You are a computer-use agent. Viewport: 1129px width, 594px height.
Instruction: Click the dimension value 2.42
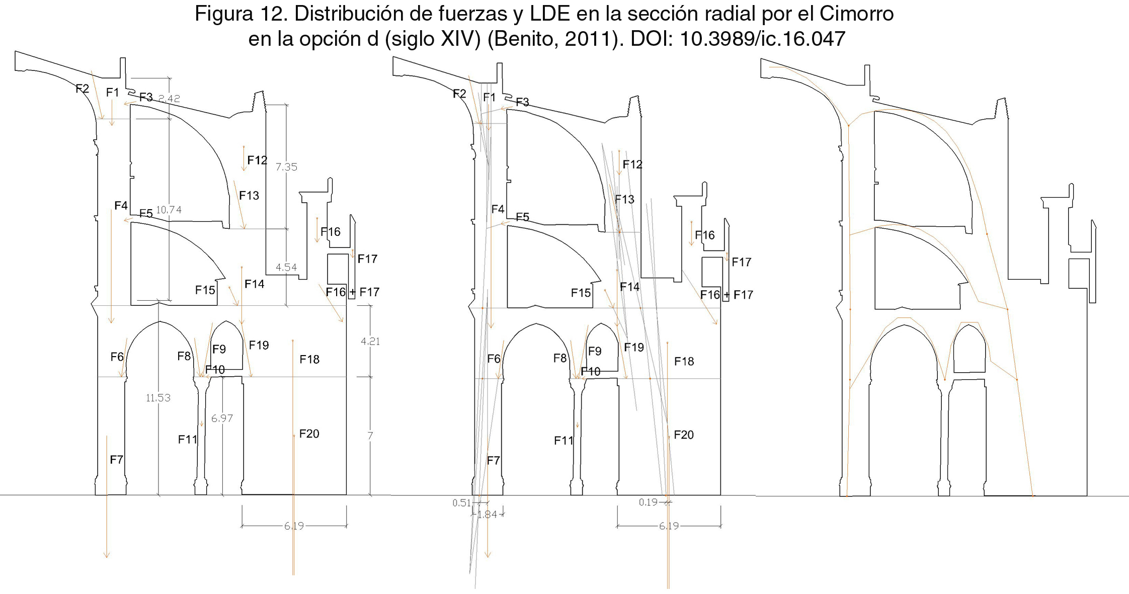click(x=169, y=99)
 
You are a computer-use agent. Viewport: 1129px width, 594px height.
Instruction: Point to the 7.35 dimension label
click(x=286, y=167)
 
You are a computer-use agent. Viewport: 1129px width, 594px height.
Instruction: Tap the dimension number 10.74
click(x=169, y=210)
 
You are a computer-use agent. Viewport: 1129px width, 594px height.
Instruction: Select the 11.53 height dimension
click(x=158, y=398)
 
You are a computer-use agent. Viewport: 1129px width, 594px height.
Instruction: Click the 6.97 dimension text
click(x=222, y=418)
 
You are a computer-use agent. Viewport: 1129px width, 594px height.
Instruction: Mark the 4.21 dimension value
click(x=370, y=342)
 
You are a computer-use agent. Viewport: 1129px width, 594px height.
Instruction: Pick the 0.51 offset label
click(x=461, y=503)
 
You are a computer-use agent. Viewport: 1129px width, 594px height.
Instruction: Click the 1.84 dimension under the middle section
click(x=487, y=515)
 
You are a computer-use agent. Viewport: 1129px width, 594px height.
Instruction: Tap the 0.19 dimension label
click(x=648, y=502)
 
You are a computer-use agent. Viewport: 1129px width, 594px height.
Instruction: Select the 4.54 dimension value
click(x=286, y=268)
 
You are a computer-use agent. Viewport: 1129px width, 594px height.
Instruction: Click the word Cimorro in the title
click(x=856, y=14)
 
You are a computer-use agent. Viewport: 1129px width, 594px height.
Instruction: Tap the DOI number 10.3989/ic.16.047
click(x=763, y=39)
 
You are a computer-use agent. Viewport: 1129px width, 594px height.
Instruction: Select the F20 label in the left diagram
click(x=309, y=434)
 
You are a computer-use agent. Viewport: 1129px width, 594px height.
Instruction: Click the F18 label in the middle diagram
click(x=684, y=361)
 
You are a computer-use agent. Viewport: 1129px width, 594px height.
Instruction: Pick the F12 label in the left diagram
click(x=257, y=160)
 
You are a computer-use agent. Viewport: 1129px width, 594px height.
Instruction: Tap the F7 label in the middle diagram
click(x=494, y=460)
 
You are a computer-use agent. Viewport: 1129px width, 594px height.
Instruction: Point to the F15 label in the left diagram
click(x=205, y=290)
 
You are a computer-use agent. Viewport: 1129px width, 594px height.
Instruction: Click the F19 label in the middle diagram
click(x=634, y=347)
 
